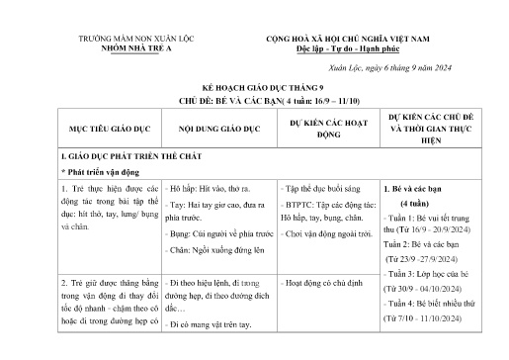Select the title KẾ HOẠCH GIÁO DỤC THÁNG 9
[255, 88]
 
